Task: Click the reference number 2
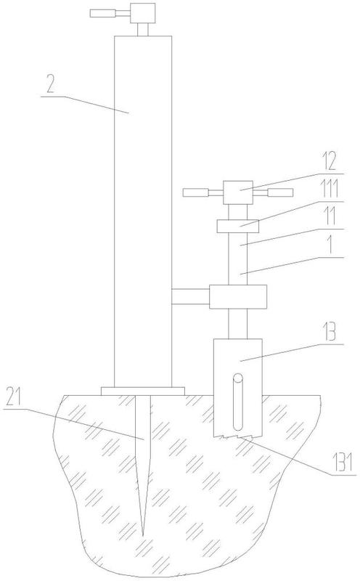click(50, 84)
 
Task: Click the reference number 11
click(330, 216)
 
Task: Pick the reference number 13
click(329, 332)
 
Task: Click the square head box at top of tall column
click(143, 13)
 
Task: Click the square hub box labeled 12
click(238, 192)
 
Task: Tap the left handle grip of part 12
click(196, 192)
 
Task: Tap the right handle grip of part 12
click(280, 192)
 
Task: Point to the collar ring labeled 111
click(237, 226)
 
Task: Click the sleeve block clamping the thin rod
click(238, 297)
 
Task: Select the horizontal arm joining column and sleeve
click(191, 297)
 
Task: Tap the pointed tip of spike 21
click(143, 536)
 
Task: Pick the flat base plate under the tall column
click(142, 391)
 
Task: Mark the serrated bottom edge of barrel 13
click(237, 437)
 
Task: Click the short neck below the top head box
click(143, 30)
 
